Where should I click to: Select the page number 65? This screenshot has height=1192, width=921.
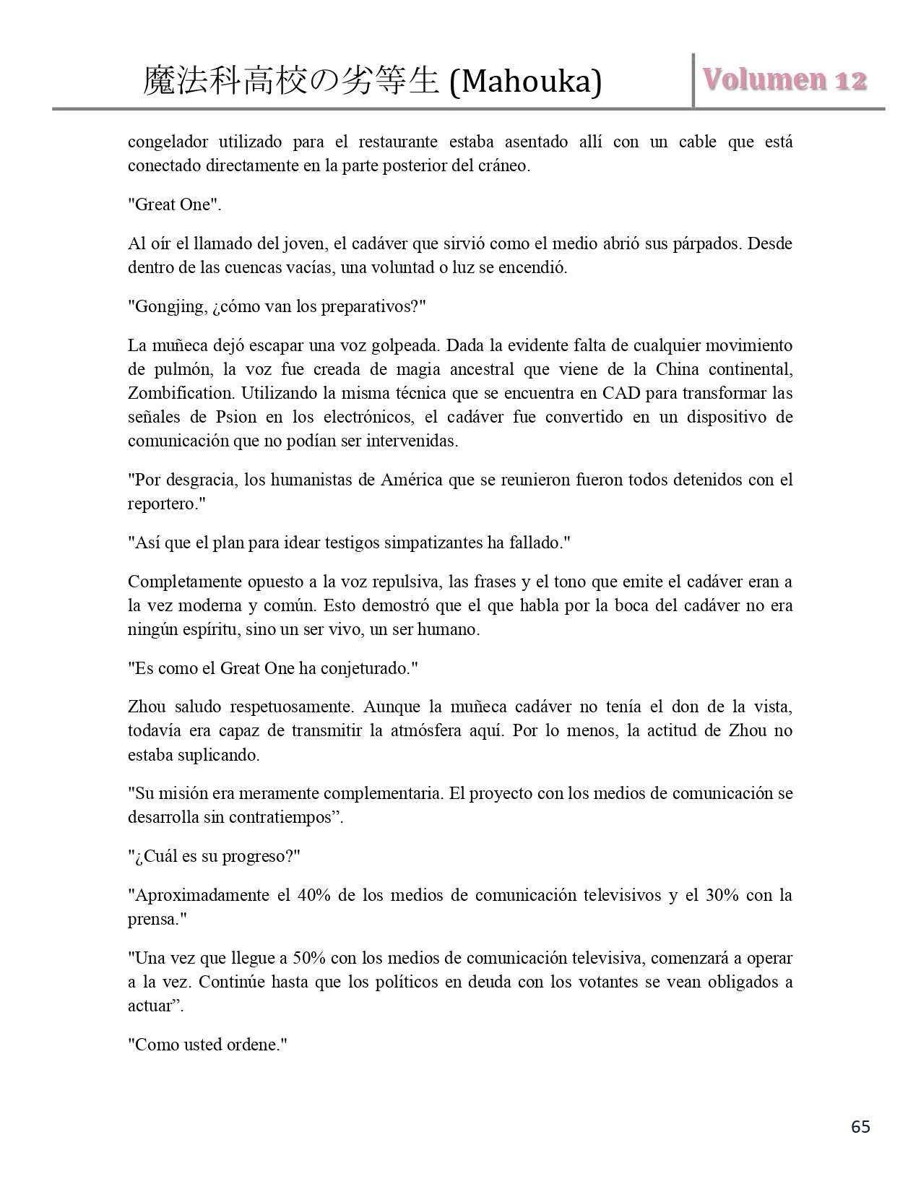pos(860,1127)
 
